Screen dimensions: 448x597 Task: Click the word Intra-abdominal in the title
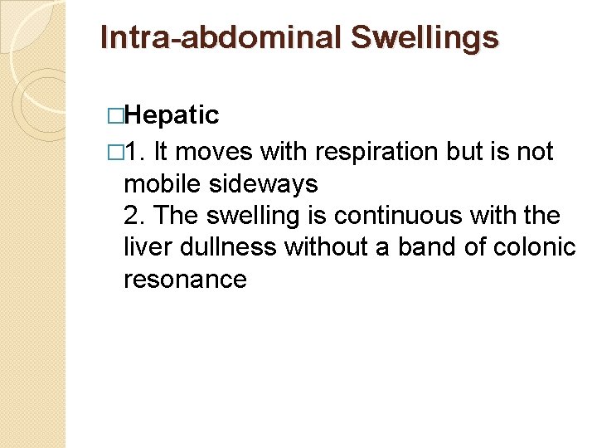click(x=221, y=37)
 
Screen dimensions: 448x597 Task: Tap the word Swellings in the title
click(x=425, y=37)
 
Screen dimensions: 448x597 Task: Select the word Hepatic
click(x=175, y=115)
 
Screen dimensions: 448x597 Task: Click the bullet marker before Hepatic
click(x=115, y=115)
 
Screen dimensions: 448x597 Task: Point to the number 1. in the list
click(x=137, y=152)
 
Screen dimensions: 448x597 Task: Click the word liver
click(x=145, y=247)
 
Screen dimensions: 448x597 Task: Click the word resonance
click(x=185, y=280)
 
